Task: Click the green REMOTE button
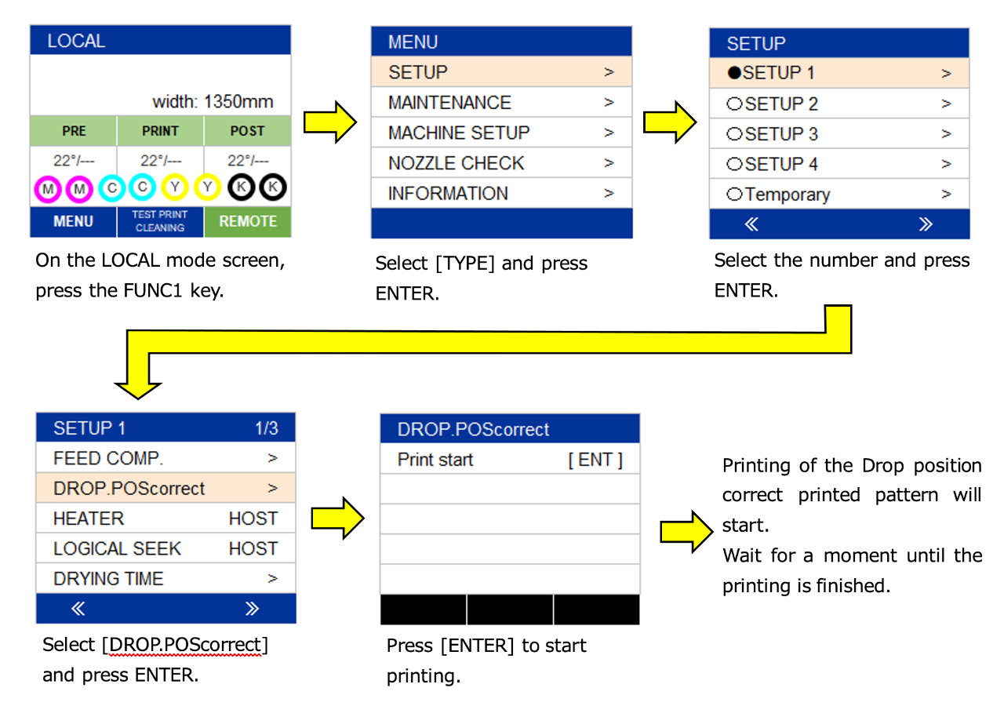248,221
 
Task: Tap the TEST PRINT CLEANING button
160,221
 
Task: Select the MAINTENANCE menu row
501,102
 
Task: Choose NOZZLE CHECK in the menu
501,162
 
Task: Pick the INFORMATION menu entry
501,193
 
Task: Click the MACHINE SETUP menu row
501,133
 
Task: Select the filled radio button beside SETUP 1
734,73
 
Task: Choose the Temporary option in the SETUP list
839,194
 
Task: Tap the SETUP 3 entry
839,133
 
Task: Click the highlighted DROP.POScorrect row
166,488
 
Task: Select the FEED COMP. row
166,457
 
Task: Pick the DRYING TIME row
166,578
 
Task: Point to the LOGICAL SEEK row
166,548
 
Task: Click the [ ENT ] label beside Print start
595,460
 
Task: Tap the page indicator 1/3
267,428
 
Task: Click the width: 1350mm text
213,102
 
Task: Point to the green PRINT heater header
160,131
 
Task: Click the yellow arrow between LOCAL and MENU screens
330,122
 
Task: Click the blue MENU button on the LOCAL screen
73,221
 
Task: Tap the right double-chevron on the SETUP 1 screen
252,608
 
